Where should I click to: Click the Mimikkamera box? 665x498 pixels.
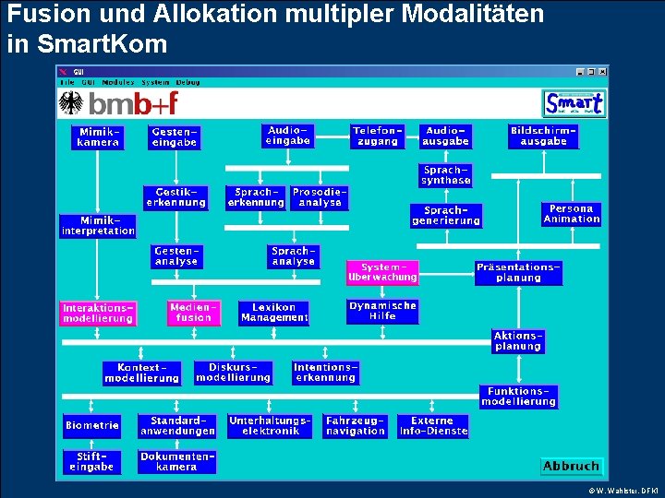pyautogui.click(x=98, y=137)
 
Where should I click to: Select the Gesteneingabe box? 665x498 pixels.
pyautogui.click(x=175, y=138)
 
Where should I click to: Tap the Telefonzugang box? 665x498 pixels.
pyautogui.click(x=378, y=136)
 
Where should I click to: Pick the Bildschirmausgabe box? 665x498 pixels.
pyautogui.click(x=543, y=136)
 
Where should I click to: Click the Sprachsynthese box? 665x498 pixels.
pyautogui.click(x=446, y=175)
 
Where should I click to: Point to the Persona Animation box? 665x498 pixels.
pyautogui.click(x=572, y=214)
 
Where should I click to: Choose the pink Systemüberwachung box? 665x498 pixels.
pyautogui.click(x=382, y=272)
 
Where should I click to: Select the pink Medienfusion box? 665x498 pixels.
pyautogui.click(x=194, y=313)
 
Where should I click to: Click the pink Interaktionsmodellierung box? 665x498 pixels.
pyautogui.click(x=98, y=313)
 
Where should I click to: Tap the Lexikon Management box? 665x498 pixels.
pyautogui.click(x=274, y=313)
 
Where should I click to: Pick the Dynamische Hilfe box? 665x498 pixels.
pyautogui.click(x=382, y=311)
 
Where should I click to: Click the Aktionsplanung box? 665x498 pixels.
pyautogui.click(x=518, y=341)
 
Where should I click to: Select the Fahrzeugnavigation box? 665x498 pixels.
pyautogui.click(x=356, y=425)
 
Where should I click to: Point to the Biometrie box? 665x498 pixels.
pyautogui.click(x=92, y=425)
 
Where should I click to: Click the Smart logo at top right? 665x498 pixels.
pyautogui.click(x=574, y=102)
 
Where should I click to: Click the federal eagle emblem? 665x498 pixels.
pyautogui.click(x=71, y=102)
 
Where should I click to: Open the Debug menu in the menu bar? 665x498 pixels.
pyautogui.click(x=187, y=82)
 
